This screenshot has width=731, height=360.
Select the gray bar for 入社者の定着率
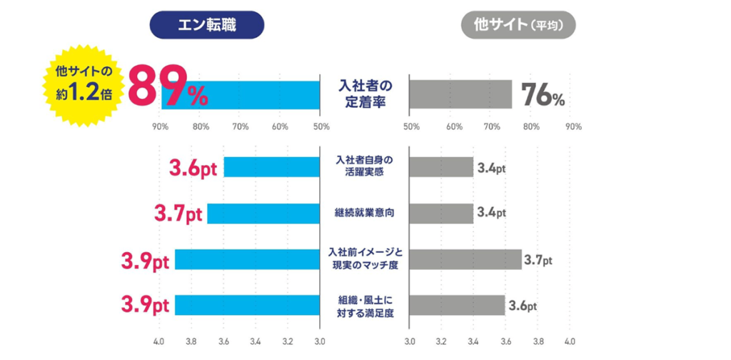pyautogui.click(x=460, y=94)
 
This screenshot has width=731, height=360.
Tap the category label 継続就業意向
pyautogui.click(x=364, y=213)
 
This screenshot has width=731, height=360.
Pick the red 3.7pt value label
pyautogui.click(x=178, y=214)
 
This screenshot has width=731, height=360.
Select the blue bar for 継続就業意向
pyautogui.click(x=263, y=214)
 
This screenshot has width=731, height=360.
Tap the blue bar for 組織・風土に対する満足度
pyautogui.click(x=247, y=305)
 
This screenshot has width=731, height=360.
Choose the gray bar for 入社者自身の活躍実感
pyautogui.click(x=441, y=167)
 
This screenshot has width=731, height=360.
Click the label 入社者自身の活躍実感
pyautogui.click(x=364, y=167)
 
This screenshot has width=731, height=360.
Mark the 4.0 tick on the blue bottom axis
pyautogui.click(x=159, y=341)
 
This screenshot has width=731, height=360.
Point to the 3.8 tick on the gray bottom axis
pyautogui.click(x=538, y=341)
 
